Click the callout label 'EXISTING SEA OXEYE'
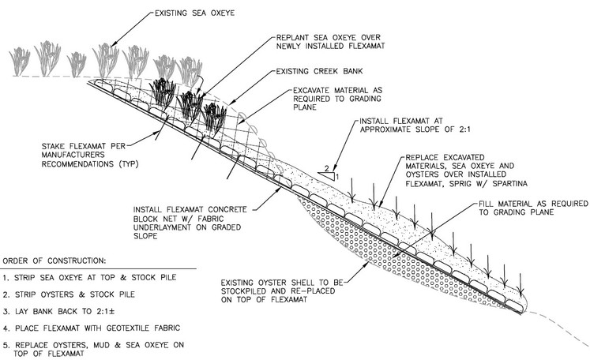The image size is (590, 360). pos(194,13)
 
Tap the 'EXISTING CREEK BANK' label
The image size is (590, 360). pos(319,71)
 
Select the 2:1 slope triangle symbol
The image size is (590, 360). pos(327,175)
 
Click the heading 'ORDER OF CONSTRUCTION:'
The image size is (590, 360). pos(54,261)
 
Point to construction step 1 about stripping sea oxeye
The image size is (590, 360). pos(89,278)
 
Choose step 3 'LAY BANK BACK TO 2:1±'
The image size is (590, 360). pos(58,312)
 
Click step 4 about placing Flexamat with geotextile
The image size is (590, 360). pos(91,328)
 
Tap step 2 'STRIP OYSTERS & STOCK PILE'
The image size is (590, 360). pos(69,294)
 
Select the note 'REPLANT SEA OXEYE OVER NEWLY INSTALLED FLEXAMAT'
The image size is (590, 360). pos(330,42)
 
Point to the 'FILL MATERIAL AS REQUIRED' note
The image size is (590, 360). pos(533,208)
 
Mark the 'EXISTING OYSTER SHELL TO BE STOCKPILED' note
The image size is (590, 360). pos(282,291)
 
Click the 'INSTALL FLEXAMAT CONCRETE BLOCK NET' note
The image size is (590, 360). pos(190,223)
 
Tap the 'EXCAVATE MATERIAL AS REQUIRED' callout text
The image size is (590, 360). pos(337,99)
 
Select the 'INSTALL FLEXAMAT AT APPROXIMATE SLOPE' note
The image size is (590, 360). pos(415,125)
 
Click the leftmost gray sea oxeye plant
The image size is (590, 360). pos(20,62)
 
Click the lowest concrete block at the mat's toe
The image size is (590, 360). pos(514,305)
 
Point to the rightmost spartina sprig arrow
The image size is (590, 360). pos(520,284)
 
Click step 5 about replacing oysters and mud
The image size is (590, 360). pos(93,349)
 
